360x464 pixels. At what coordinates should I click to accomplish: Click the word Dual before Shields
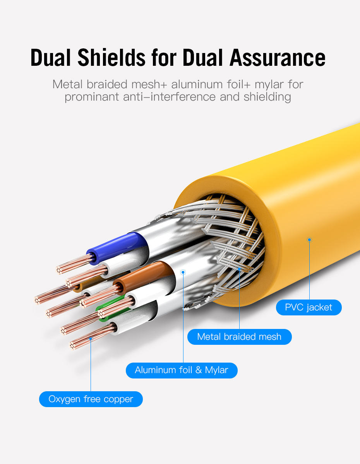tap(51, 57)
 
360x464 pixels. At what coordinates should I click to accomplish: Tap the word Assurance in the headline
tap(278, 57)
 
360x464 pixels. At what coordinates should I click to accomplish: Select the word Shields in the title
tap(111, 57)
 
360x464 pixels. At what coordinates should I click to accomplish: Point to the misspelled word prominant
tap(92, 97)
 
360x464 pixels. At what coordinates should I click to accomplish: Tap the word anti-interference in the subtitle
tap(169, 97)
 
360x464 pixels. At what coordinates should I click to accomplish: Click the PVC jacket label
tap(309, 307)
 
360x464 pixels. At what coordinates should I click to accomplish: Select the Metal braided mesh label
tap(240, 337)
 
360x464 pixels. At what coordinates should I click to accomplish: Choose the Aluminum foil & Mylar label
tap(182, 370)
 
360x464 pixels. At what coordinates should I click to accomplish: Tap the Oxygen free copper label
tap(91, 399)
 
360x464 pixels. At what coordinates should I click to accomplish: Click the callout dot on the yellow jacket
tap(309, 240)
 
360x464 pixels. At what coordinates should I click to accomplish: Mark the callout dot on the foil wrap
tap(183, 272)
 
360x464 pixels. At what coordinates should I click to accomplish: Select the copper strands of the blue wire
tap(74, 264)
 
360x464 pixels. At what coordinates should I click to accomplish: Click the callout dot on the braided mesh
tap(239, 269)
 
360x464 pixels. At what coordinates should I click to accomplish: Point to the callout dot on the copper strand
tap(91, 339)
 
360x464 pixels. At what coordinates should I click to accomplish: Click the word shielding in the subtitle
tap(267, 97)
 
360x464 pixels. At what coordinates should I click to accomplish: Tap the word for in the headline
tap(164, 57)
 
